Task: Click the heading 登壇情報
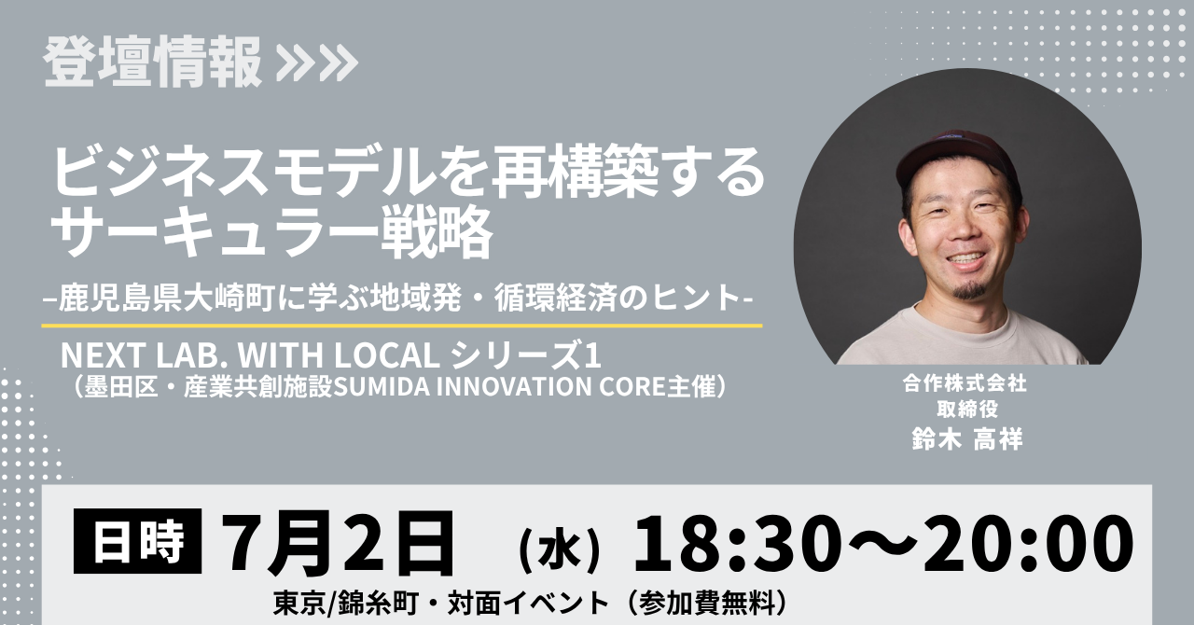153,62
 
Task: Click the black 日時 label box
137,541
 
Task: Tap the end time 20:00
1028,544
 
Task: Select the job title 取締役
967,410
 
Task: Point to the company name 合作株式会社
965,383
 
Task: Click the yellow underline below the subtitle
402,326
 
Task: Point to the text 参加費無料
707,604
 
